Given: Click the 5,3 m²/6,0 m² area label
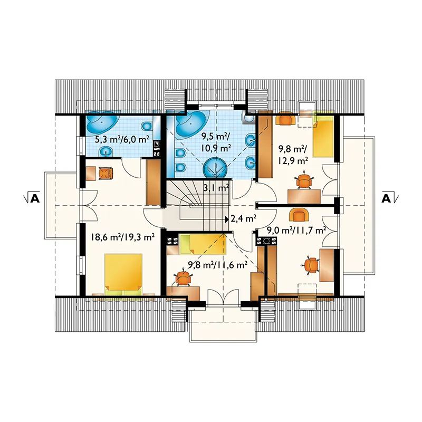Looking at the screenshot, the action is point(122,140).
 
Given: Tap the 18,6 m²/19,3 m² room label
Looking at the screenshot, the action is point(122,237).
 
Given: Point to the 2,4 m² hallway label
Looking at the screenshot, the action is point(243,219).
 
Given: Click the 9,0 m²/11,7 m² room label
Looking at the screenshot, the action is point(296,231).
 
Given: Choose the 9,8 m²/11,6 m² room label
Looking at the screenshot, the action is point(218,265).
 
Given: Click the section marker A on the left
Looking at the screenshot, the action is point(32,198).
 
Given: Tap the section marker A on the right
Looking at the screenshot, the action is point(390,198).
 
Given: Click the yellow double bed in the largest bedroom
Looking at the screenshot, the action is point(123,275).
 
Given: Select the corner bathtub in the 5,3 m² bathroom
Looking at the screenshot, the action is point(102,122).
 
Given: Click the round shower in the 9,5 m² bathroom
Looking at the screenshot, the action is point(215,168).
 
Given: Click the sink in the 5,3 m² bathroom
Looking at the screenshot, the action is point(107,152).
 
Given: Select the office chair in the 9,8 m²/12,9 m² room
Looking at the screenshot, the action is point(304,180).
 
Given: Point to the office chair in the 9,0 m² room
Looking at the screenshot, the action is point(312,265).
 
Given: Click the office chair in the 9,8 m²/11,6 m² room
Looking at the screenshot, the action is point(183,278).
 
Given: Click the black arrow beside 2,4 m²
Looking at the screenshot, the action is point(227,218).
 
